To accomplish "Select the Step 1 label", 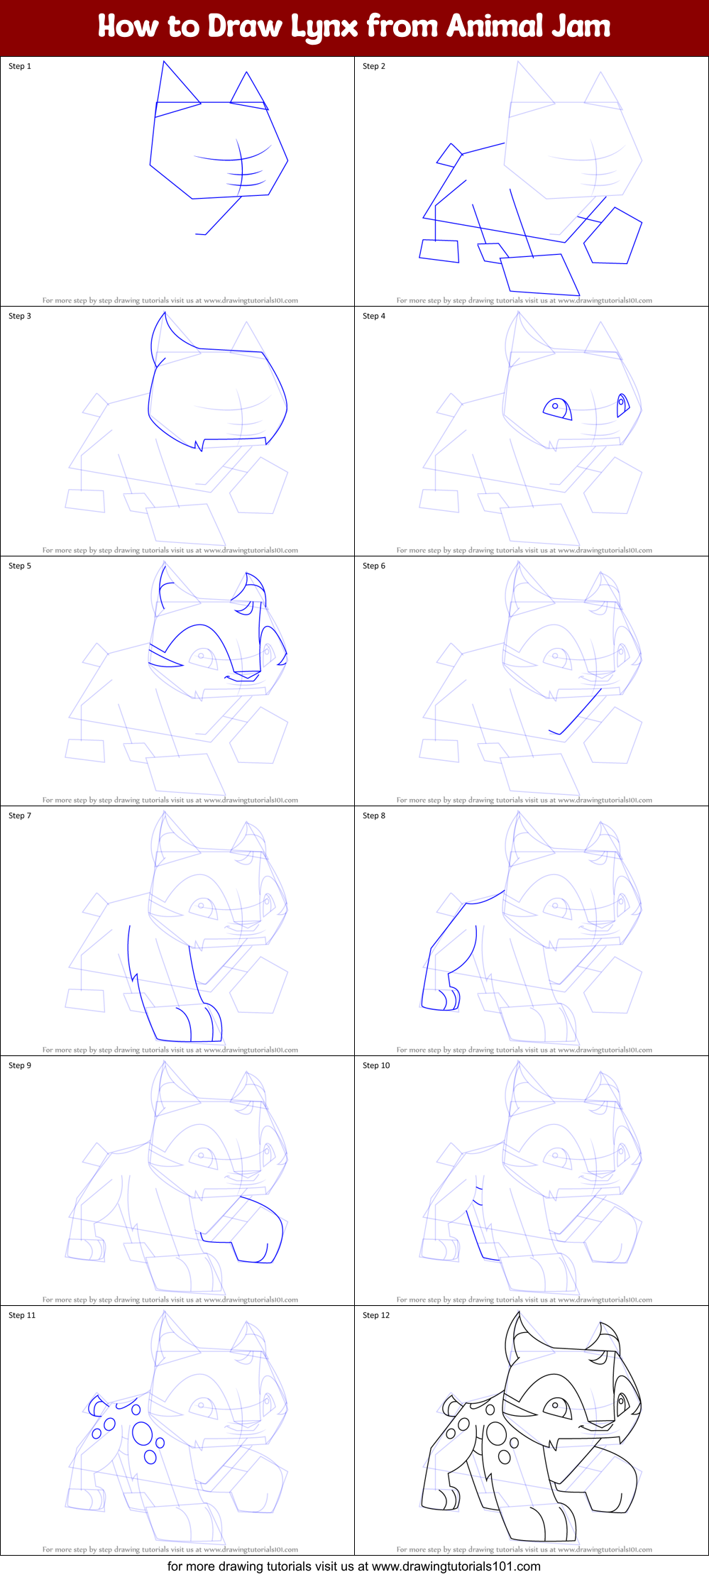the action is [x=20, y=66].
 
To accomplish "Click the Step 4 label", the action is [x=374, y=316].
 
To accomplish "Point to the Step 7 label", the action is [x=20, y=815].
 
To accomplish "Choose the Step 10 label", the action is [x=376, y=1065].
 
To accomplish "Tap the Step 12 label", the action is [x=376, y=1315].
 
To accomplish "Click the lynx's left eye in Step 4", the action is [x=557, y=409].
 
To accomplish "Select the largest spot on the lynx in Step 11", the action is [x=143, y=1434].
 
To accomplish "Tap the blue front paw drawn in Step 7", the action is [x=198, y=1023].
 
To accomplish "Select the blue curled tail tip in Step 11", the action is [x=97, y=1405].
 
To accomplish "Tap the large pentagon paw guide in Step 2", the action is [x=612, y=236].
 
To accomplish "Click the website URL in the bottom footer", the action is [x=456, y=1566].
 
